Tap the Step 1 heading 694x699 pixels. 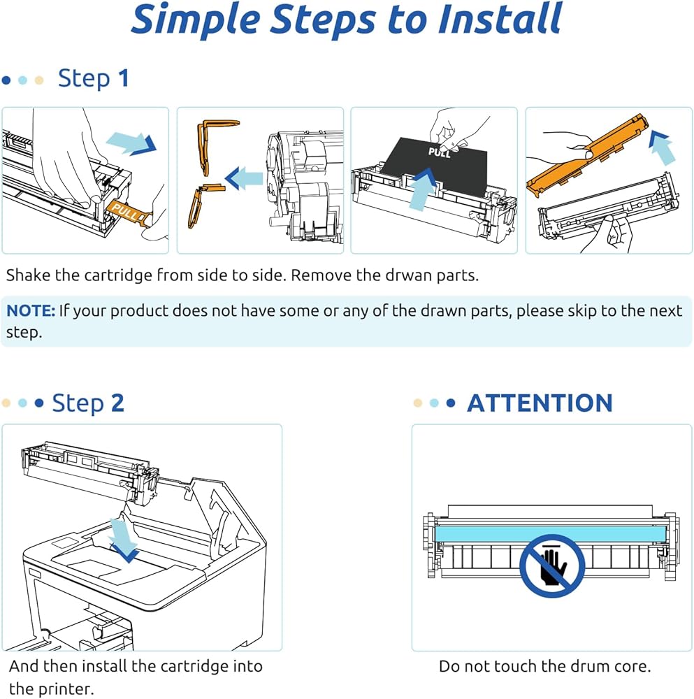(x=93, y=78)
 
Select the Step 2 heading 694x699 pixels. (x=88, y=403)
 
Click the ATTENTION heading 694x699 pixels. (x=540, y=403)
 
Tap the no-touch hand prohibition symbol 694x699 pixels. (x=552, y=565)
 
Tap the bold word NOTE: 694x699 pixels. (x=31, y=310)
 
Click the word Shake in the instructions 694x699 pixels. (x=28, y=275)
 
